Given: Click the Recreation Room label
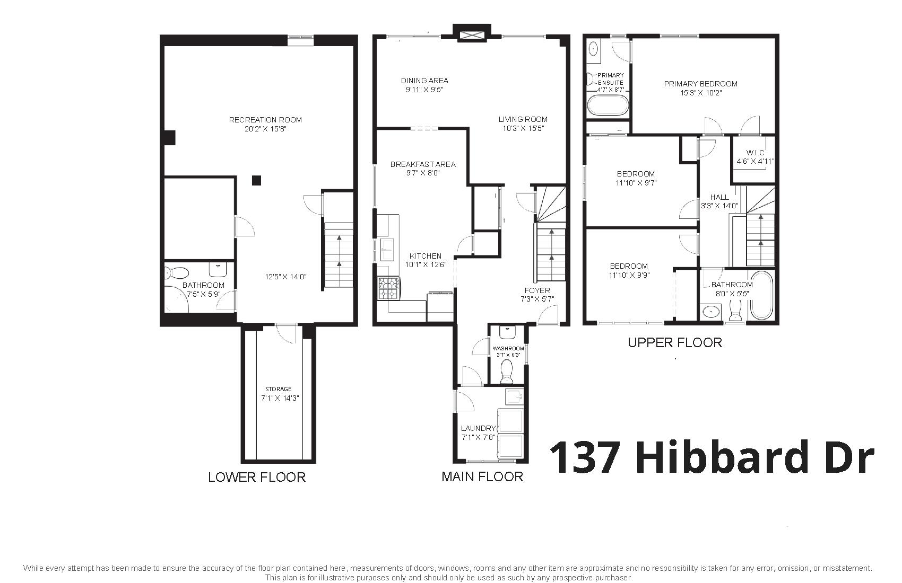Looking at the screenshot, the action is (265, 120).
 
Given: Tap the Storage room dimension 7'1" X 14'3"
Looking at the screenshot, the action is (280, 399).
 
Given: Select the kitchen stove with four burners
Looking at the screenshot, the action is (388, 288).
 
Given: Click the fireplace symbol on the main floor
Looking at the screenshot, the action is (472, 34).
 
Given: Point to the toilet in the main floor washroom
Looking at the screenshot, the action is (506, 372).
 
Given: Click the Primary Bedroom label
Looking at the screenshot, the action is (701, 84).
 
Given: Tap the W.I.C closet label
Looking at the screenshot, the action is (756, 153).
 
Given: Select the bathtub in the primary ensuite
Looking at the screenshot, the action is (608, 106).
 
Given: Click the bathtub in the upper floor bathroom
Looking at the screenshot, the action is (761, 296).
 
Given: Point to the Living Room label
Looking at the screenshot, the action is (523, 119).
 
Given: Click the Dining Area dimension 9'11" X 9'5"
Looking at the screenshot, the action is (425, 90).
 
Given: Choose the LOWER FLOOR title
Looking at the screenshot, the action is (257, 477).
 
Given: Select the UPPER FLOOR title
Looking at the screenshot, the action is (675, 343).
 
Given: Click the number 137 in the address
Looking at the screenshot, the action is (585, 457).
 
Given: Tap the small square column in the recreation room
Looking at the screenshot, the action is (256, 180).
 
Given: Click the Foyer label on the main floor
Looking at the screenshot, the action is (537, 290).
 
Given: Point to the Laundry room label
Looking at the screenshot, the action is (479, 428).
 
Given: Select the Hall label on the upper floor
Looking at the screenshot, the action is (719, 197).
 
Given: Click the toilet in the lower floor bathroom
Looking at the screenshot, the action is (176, 273).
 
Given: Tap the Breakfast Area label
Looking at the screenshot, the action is (423, 164).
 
